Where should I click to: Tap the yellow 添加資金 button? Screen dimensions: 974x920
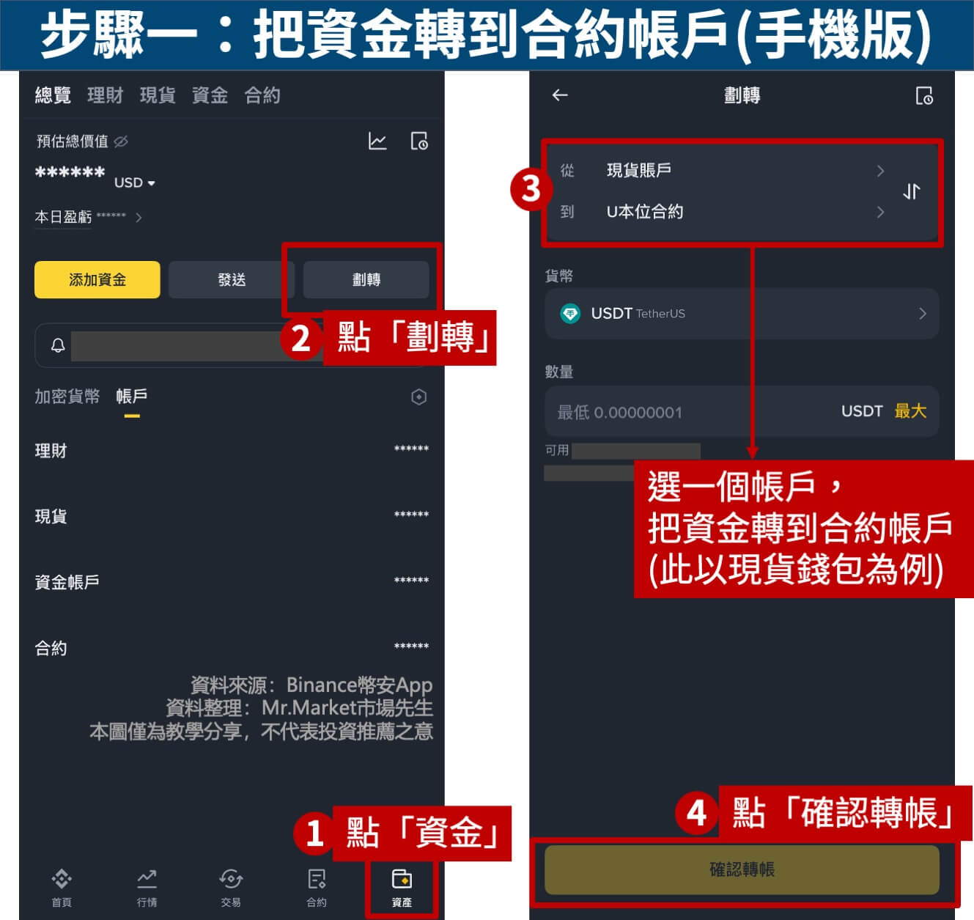97,280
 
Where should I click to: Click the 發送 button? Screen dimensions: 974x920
232,280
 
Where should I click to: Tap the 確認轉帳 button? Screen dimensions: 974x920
742,869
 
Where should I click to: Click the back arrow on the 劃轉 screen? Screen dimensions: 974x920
560,95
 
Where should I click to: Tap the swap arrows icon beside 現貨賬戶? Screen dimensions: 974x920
911,191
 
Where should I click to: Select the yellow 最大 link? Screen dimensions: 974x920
910,411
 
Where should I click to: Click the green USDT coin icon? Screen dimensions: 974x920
570,314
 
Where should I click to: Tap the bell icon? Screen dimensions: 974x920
58,345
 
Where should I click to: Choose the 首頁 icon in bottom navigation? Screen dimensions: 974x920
62,878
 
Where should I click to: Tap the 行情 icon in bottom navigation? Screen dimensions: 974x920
147,878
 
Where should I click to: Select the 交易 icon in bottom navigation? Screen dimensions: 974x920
231,878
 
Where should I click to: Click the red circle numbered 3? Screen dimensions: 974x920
531,189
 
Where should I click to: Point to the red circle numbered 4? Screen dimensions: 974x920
696,813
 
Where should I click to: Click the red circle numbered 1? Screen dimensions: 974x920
314,833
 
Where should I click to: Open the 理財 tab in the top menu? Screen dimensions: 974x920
105,95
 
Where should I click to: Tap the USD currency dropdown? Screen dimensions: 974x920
134,183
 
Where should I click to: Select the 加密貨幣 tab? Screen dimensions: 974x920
67,396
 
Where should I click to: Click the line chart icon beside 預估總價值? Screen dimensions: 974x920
377,141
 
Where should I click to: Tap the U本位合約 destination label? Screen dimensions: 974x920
645,212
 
